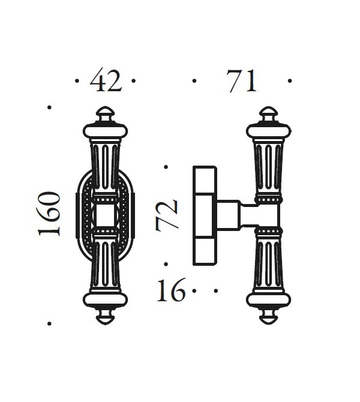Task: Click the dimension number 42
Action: pos(106,81)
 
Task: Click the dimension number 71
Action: pos(242,81)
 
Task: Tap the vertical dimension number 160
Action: pos(49,214)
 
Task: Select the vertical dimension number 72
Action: pos(167,215)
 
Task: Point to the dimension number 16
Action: pos(171,290)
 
